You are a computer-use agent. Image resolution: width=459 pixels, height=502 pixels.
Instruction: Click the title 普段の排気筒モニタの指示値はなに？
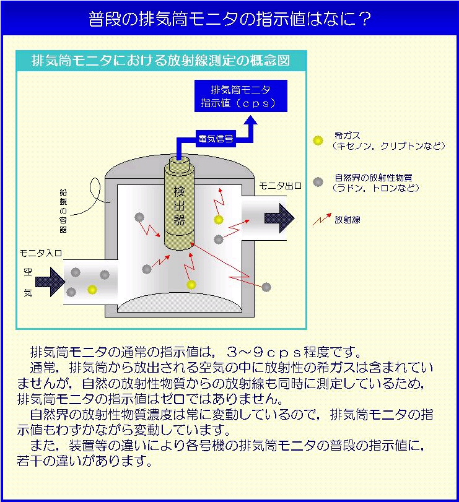click(229, 19)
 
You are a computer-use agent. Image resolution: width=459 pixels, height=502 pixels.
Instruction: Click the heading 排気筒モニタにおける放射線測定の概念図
click(161, 61)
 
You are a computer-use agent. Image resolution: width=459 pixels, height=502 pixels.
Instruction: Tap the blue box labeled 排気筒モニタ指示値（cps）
click(241, 96)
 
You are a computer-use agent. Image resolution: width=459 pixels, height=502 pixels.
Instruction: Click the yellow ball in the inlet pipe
click(92, 289)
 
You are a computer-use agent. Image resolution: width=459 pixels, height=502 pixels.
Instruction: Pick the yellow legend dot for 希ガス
click(318, 140)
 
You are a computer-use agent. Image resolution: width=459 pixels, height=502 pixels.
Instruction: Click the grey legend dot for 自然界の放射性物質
click(318, 181)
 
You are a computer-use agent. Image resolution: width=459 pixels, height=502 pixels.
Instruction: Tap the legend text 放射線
click(348, 219)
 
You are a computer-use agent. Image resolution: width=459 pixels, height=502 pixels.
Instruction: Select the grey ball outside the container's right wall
click(266, 287)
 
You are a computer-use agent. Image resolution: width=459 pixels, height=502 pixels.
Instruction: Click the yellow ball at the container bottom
click(191, 285)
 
